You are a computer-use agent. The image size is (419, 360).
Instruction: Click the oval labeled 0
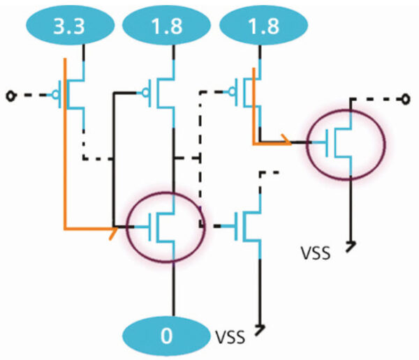click(x=166, y=336)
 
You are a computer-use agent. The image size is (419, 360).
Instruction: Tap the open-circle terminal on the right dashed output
click(x=404, y=99)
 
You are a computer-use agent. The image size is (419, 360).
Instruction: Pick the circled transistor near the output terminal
click(x=345, y=144)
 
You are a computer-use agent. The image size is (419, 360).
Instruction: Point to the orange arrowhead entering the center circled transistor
click(x=111, y=229)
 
